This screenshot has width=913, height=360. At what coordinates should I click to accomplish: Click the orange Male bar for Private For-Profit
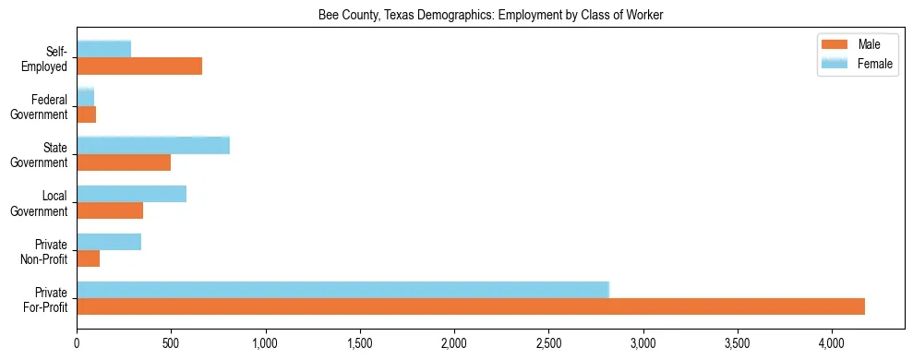coord(471,306)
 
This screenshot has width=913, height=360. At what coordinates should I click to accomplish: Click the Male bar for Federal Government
coord(86,114)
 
